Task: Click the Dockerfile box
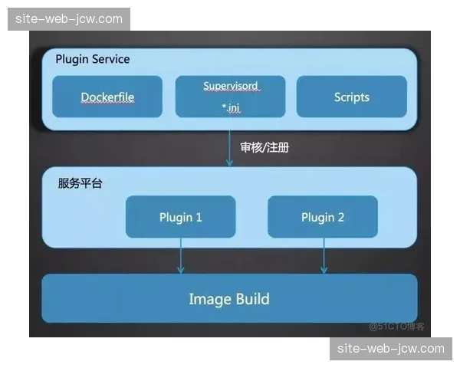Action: coord(107,97)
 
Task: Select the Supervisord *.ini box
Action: coord(230,97)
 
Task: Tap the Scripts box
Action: coord(352,97)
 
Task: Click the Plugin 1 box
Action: coord(181,217)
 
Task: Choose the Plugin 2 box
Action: coord(323,217)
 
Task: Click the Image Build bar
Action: coord(229,298)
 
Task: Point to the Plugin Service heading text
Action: coord(93,59)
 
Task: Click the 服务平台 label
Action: coord(80,184)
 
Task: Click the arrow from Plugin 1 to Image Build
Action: coord(181,256)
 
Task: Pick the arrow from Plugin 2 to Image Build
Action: coord(324,256)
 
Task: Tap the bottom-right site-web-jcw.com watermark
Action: coord(389,349)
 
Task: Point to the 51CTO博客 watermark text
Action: coord(396,327)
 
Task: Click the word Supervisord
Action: coord(231,86)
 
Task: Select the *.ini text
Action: coord(231,108)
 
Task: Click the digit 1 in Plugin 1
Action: coord(199,217)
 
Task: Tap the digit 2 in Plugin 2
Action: coord(340,217)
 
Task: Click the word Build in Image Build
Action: coord(251,298)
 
